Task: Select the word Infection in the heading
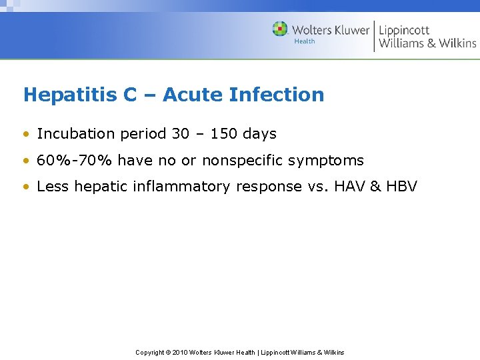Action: (276, 95)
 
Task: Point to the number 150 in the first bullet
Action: (224, 134)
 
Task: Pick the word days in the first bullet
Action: (259, 134)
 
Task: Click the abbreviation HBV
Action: (402, 187)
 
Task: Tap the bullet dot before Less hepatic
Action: (27, 187)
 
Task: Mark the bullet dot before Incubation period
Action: (27, 134)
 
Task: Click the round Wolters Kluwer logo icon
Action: (280, 29)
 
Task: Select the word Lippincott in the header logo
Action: (404, 30)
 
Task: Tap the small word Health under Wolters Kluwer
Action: (305, 41)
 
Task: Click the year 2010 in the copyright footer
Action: (180, 352)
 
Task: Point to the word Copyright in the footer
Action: (151, 352)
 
